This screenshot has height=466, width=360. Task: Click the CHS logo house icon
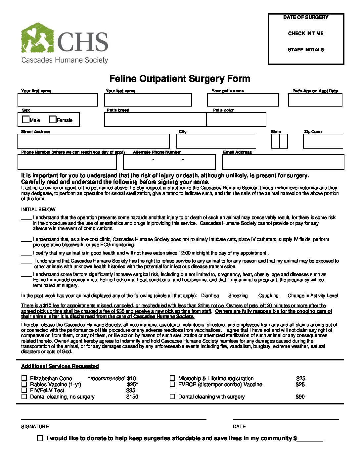37,38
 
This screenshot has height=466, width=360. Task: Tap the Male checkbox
26,119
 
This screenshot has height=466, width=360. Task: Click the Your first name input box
58,100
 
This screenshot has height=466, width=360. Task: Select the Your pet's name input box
243,100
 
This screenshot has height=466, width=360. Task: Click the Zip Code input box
323,141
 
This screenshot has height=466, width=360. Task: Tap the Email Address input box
283,162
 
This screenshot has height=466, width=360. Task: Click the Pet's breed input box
155,119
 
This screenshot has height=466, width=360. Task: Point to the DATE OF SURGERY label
306,17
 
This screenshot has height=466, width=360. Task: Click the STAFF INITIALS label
306,50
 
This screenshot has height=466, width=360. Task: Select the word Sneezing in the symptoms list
238,296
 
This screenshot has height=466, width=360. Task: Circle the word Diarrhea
210,296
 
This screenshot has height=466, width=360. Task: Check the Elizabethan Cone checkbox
24,378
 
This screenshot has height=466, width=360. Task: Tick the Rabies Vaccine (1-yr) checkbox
24,384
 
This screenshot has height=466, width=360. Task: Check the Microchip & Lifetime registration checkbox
172,378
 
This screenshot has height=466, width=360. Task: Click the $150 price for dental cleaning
132,396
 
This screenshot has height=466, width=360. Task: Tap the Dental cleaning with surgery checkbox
172,396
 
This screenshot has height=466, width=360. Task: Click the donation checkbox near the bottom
40,438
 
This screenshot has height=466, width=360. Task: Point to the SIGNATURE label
35,427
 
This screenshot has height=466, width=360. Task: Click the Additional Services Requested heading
60,366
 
